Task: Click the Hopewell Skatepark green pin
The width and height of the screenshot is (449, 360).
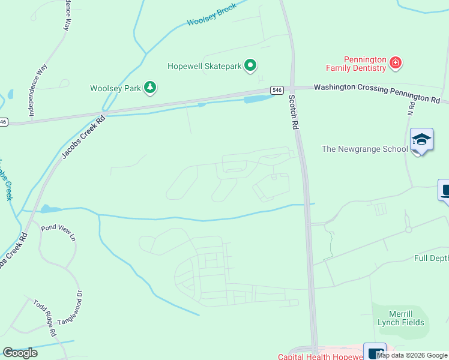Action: coord(251,65)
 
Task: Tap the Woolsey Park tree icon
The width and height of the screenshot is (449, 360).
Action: coord(150,88)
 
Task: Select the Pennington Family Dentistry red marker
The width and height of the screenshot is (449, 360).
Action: coord(395,62)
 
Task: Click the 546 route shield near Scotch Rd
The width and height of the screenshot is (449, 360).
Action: coord(276,90)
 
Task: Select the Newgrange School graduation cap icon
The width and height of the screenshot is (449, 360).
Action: coord(421,140)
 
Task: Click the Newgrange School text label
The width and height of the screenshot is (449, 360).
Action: coord(364,149)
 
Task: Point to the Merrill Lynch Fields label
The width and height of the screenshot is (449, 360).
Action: coord(401,318)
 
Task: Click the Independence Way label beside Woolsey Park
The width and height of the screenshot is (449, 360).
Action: coord(38,90)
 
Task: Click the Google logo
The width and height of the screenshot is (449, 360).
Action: coord(20,353)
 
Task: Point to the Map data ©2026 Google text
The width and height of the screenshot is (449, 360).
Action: coord(412,355)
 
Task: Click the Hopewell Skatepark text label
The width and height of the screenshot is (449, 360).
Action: coord(204,65)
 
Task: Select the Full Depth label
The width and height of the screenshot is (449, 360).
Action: coord(431,258)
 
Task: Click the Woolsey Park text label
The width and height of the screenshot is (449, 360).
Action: coord(115,88)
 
